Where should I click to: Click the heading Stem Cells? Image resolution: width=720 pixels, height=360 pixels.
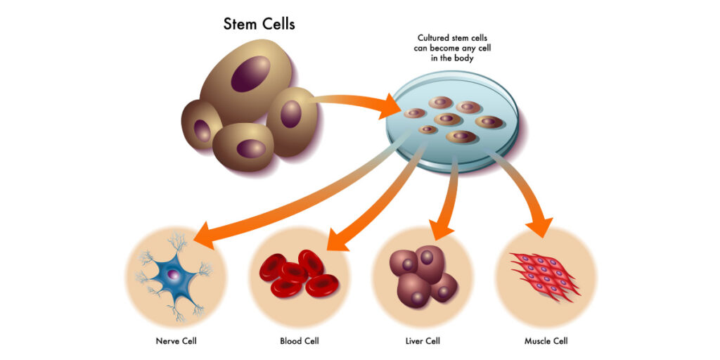[x=259, y=24]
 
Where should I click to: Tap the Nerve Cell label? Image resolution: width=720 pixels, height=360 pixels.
[x=176, y=342]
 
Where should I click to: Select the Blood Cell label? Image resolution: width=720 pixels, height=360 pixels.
[x=300, y=342]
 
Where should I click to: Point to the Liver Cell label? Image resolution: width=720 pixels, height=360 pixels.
[x=423, y=342]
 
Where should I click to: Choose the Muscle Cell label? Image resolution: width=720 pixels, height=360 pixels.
[x=546, y=342]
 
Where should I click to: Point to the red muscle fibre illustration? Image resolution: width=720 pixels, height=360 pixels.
[x=545, y=275]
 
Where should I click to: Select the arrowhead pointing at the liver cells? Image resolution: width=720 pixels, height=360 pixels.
[x=441, y=229]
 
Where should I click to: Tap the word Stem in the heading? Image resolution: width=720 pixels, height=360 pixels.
[x=240, y=24]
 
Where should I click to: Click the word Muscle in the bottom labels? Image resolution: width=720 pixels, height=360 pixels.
[x=537, y=342]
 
